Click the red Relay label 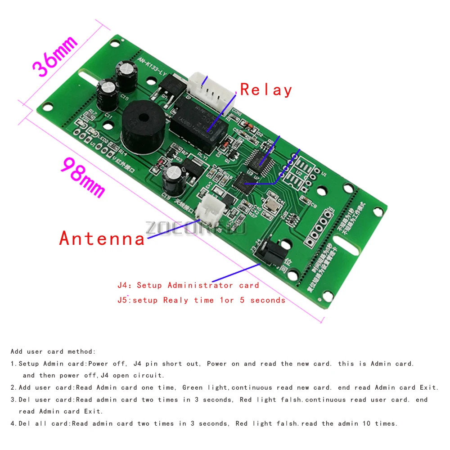click(266, 90)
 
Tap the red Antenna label click(102, 238)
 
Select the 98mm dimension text click(83, 177)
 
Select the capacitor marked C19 click(173, 178)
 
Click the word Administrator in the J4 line click(200, 285)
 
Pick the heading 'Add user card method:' click(53, 351)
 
